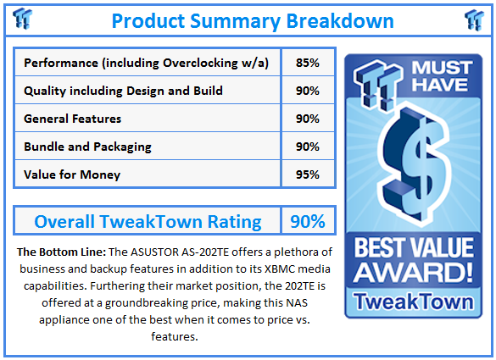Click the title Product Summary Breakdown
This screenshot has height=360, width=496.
click(x=252, y=20)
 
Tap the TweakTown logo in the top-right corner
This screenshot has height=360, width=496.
click(x=476, y=19)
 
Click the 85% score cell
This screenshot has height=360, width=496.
click(x=308, y=63)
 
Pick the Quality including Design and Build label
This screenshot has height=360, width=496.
click(x=124, y=91)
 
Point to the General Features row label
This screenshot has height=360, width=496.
click(x=72, y=119)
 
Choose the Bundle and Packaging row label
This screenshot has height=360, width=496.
click(x=87, y=147)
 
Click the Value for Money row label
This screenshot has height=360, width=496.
click(x=72, y=174)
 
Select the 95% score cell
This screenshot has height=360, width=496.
click(x=308, y=174)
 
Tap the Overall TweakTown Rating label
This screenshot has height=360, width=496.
click(x=148, y=222)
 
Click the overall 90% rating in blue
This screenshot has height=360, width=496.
click(x=308, y=222)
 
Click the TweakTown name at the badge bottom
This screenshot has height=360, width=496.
click(x=414, y=302)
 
